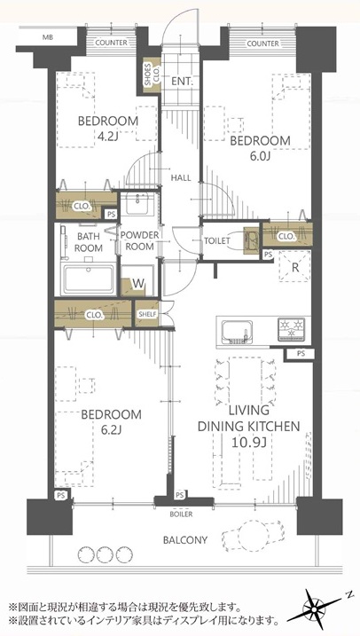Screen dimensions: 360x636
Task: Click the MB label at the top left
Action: tap(48, 38)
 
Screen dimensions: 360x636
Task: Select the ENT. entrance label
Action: tap(181, 81)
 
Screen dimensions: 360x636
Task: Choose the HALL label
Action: tap(181, 177)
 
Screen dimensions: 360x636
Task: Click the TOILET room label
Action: tap(217, 240)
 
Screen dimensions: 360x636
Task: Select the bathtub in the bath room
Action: tap(88, 279)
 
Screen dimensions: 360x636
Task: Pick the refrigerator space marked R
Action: tap(295, 266)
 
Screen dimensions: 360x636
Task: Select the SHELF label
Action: tap(147, 313)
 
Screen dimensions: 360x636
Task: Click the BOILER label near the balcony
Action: tap(182, 514)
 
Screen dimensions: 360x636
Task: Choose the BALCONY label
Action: tap(185, 540)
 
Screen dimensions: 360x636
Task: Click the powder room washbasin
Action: tap(137, 204)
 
